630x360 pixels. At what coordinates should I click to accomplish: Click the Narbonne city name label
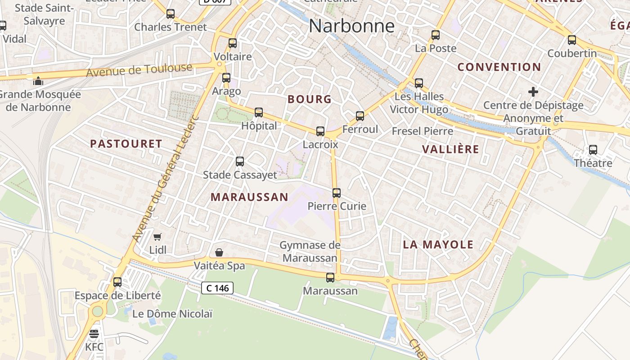(351, 26)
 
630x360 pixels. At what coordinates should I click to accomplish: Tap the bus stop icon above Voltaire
(233, 43)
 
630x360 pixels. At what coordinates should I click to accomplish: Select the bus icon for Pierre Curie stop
(337, 193)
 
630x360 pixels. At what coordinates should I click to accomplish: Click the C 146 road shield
(217, 288)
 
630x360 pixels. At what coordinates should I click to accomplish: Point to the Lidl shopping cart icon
(157, 237)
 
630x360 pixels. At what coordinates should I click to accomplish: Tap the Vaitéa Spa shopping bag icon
(219, 252)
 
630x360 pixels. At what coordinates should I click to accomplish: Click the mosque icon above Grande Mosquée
(38, 81)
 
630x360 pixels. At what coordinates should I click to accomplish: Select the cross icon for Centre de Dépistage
(533, 92)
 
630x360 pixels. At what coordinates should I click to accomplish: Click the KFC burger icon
(94, 334)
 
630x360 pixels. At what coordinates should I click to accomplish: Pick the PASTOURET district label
(126, 144)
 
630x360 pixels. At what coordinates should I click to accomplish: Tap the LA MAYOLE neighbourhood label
(438, 245)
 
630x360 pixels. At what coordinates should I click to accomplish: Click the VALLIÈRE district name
(450, 149)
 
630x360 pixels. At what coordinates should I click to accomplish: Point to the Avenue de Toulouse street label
(139, 70)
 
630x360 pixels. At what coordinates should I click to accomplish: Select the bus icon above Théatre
(593, 150)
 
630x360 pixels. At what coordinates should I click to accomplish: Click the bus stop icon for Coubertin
(572, 40)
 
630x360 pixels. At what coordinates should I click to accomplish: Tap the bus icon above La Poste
(436, 35)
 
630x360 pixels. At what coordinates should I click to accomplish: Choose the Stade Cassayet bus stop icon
(240, 162)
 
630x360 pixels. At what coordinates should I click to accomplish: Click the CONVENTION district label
(499, 67)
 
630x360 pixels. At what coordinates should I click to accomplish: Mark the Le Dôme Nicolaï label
(172, 314)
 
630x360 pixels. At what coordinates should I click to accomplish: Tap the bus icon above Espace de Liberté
(117, 282)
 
